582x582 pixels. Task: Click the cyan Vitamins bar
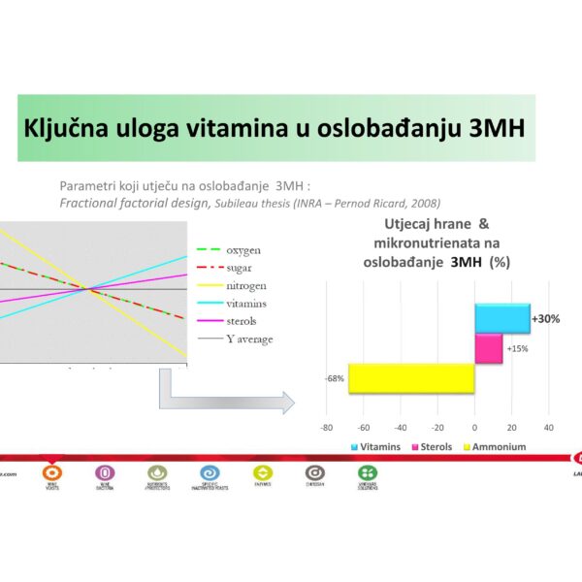click(x=501, y=318)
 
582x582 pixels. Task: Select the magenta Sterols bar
click(x=488, y=348)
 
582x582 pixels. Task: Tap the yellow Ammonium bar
click(x=411, y=378)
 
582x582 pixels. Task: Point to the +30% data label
click(x=545, y=319)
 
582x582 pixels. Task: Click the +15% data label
click(x=517, y=348)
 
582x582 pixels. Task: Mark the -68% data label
click(x=335, y=378)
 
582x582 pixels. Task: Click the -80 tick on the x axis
click(x=327, y=427)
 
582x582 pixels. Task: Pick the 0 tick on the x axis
click(x=474, y=427)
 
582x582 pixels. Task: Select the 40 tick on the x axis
click(x=548, y=427)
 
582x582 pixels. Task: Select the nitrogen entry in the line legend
click(x=245, y=286)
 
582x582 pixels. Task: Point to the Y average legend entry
click(x=248, y=339)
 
